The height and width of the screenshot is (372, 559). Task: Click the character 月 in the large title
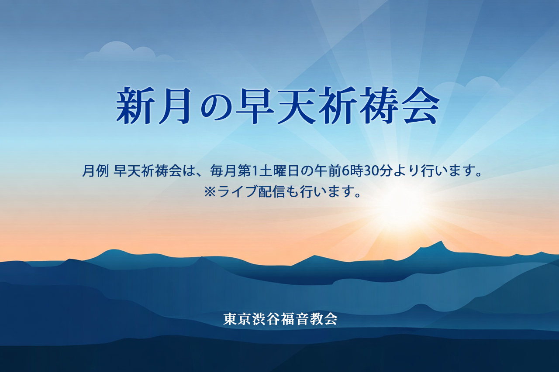click(175, 106)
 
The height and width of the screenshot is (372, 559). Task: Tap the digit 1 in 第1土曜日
click(255, 171)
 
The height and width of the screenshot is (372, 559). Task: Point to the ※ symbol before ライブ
click(210, 192)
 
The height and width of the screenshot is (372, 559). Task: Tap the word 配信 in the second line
click(272, 191)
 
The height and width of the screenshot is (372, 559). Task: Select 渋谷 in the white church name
click(266, 319)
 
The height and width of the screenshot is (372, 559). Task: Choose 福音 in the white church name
click(295, 319)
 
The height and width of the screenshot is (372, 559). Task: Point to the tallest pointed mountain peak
click(442, 242)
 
